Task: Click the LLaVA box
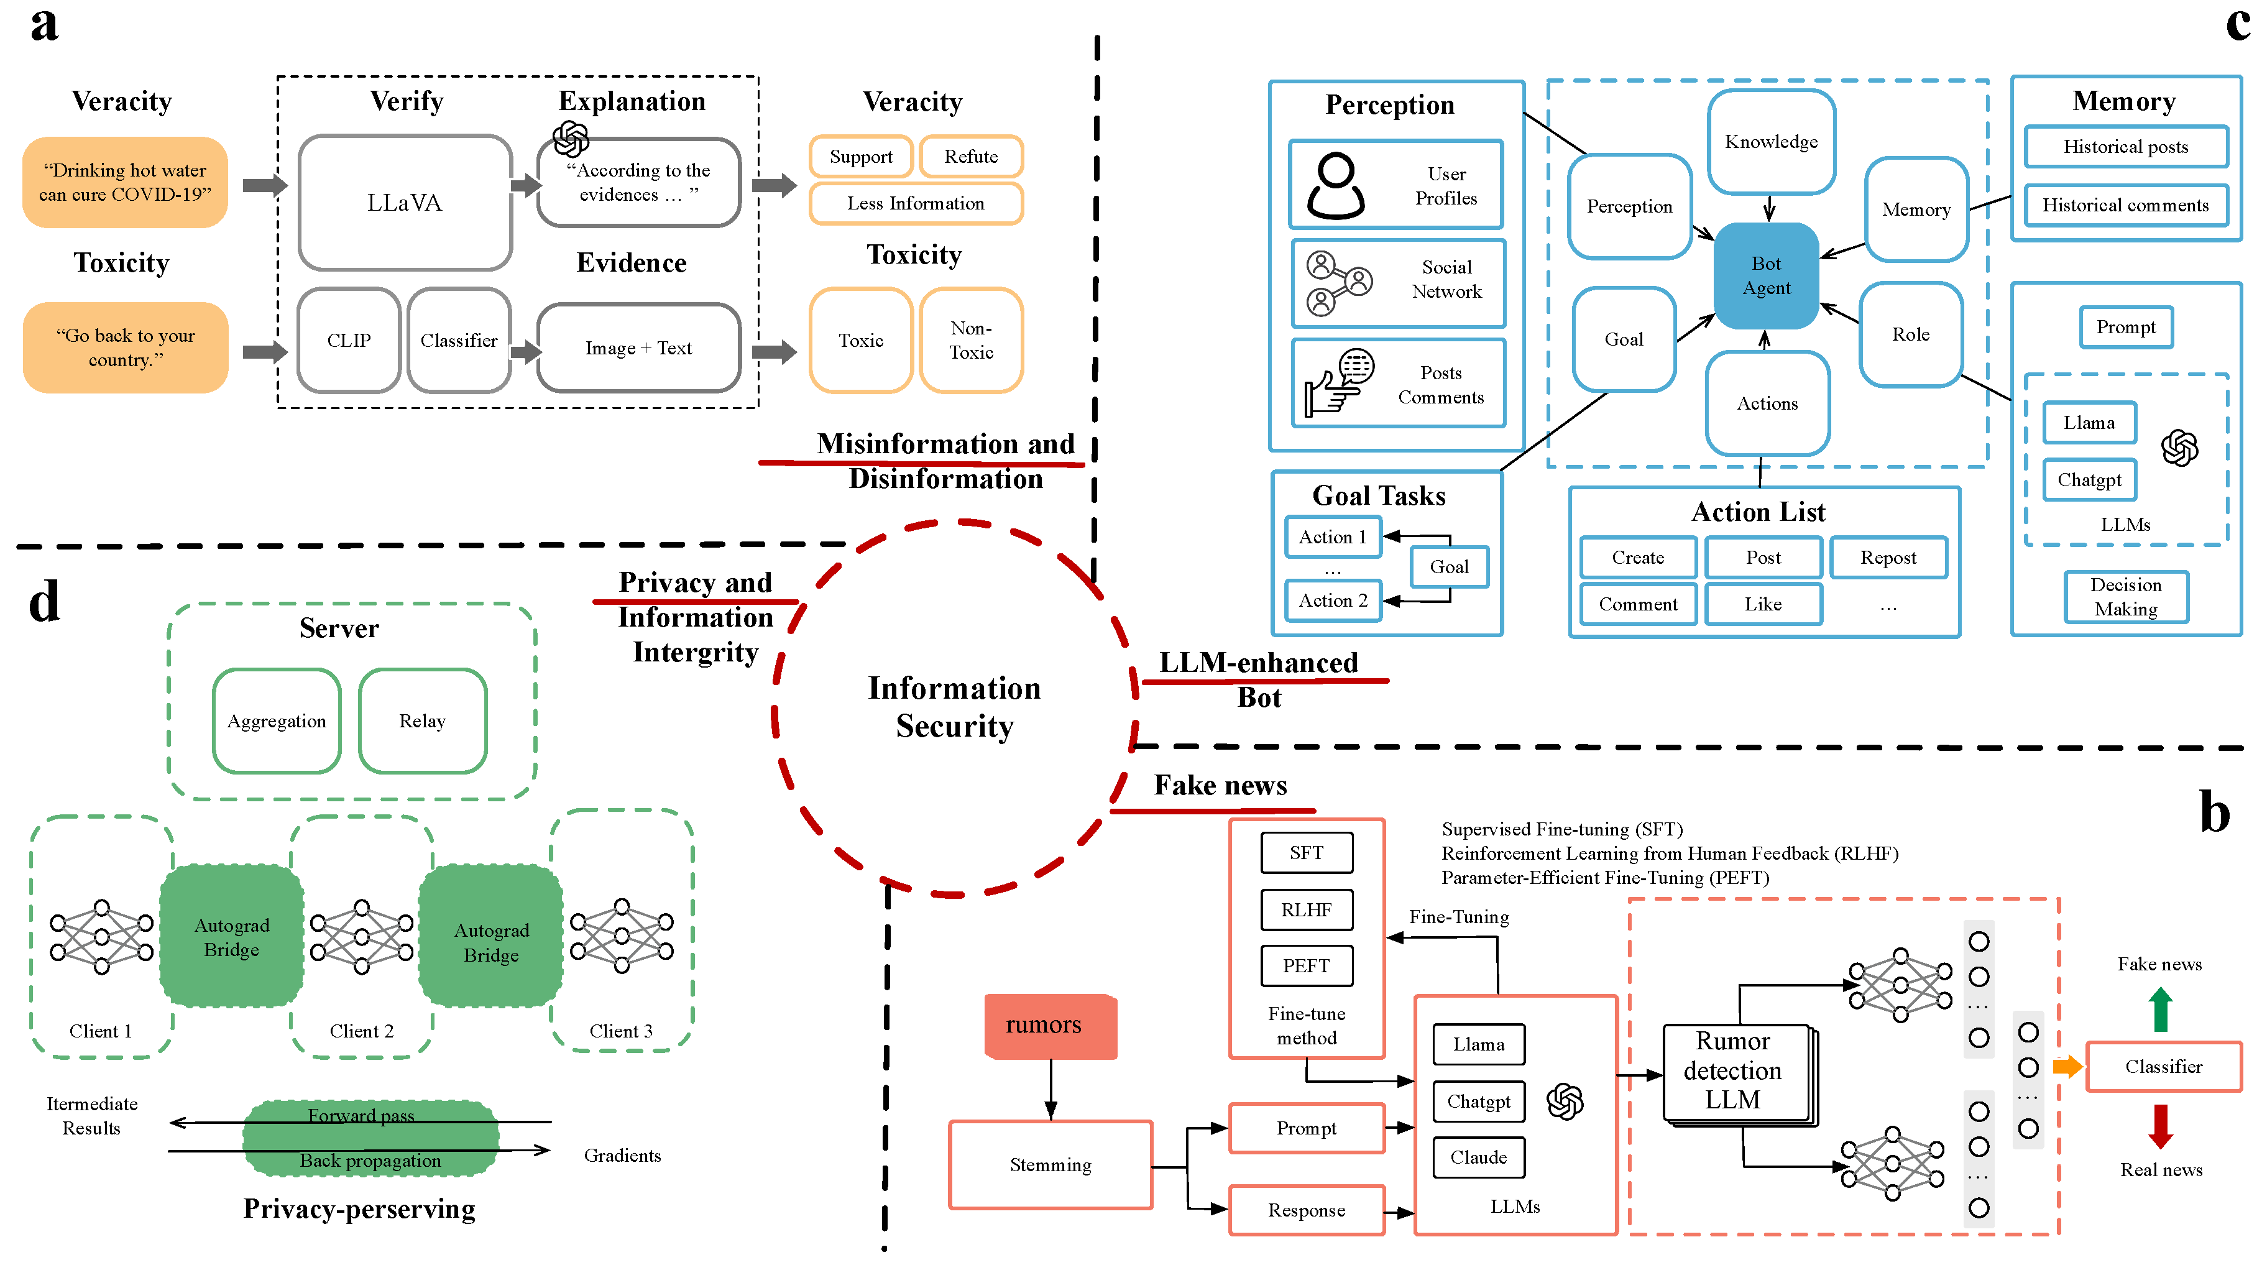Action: pyautogui.click(x=405, y=203)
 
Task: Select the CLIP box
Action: pyautogui.click(x=349, y=341)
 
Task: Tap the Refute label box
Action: pyautogui.click(x=970, y=156)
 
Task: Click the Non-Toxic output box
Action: pyautogui.click(x=970, y=341)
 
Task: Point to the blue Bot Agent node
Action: pyautogui.click(x=1766, y=275)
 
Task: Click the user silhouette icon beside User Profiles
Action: pyautogui.click(x=1335, y=185)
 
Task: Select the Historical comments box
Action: pyautogui.click(x=2125, y=205)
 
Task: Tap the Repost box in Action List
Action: pyautogui.click(x=1888, y=558)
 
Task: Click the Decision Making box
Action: pyautogui.click(x=2125, y=597)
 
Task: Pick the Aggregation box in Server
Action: pyautogui.click(x=277, y=720)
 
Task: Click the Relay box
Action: pyautogui.click(x=422, y=720)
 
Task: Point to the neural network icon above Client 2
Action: pyautogui.click(x=362, y=937)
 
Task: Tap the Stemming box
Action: pyautogui.click(x=1051, y=1165)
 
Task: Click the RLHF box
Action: pyautogui.click(x=1306, y=910)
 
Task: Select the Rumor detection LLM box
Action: pyautogui.click(x=1735, y=1072)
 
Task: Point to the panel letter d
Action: pyautogui.click(x=44, y=602)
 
